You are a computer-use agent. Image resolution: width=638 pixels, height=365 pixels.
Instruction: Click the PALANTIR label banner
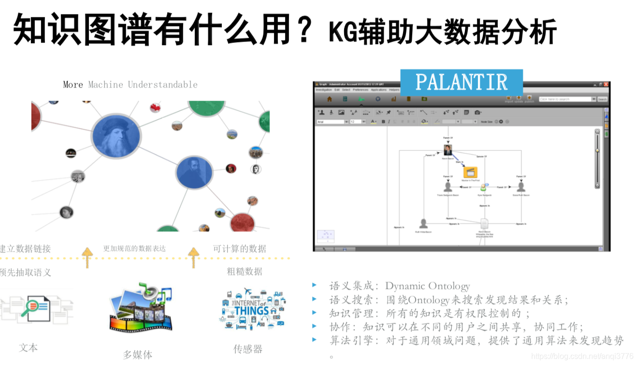pyautogui.click(x=461, y=82)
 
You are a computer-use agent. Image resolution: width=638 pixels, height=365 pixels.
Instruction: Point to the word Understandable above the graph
pyautogui.click(x=162, y=85)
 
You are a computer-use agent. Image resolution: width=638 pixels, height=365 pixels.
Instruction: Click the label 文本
pyautogui.click(x=29, y=348)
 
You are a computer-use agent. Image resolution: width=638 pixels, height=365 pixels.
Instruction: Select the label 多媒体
pyautogui.click(x=137, y=355)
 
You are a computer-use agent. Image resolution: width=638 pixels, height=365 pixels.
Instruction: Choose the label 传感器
pyautogui.click(x=248, y=349)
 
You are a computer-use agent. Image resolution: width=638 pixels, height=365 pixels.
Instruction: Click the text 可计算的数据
pyautogui.click(x=239, y=249)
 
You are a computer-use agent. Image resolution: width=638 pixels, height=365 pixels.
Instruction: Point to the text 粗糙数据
pyautogui.click(x=245, y=272)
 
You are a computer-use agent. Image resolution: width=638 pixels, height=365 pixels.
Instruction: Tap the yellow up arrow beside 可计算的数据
pyautogui.click(x=193, y=257)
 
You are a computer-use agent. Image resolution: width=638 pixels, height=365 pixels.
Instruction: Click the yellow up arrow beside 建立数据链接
pyautogui.click(x=87, y=257)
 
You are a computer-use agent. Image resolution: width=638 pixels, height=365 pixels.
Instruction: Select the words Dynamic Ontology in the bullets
pyautogui.click(x=427, y=286)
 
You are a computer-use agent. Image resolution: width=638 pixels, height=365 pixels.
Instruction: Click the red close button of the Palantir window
pyautogui.click(x=606, y=84)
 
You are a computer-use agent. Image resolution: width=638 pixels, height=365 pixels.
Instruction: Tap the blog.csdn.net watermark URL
pyautogui.click(x=585, y=356)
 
